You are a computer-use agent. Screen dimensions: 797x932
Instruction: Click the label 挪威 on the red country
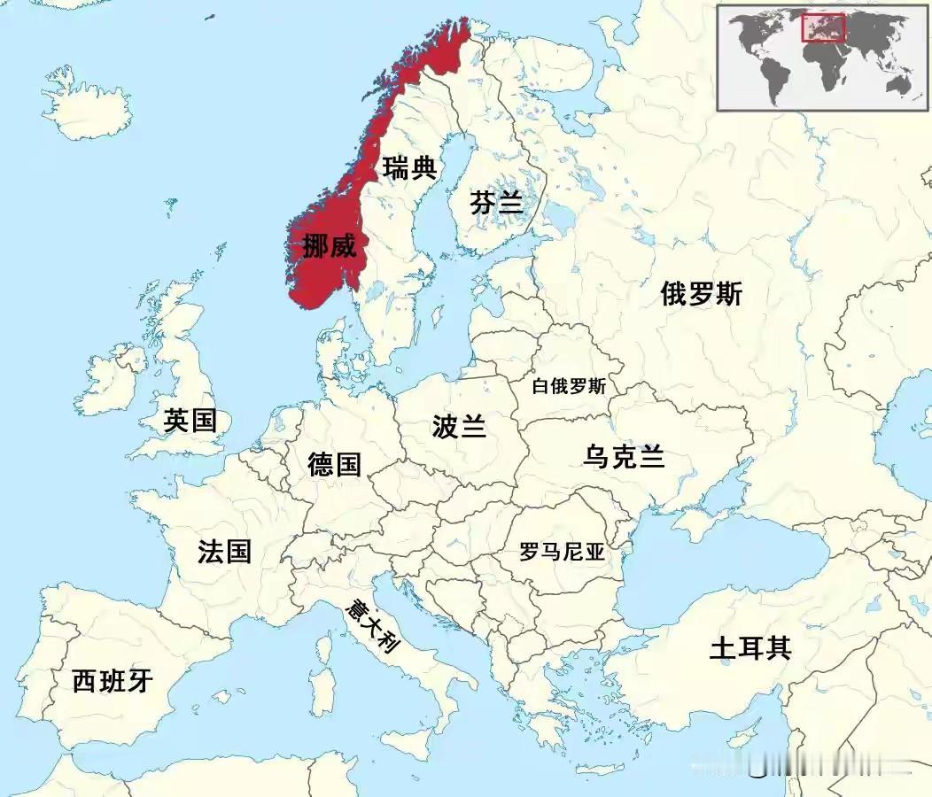coord(329,247)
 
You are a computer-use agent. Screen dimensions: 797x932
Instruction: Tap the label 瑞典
coord(409,166)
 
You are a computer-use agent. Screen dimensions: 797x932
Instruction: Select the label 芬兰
coord(496,203)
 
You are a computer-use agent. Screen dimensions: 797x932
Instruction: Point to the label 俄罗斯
coord(701,294)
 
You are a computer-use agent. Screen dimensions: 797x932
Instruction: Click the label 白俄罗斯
coord(569,387)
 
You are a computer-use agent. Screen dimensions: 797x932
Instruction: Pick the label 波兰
coord(459,427)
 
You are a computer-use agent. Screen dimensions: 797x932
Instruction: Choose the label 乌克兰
coord(624,457)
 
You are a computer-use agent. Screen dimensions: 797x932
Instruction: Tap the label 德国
coord(334,463)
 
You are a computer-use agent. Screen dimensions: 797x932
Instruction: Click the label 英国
coord(190,421)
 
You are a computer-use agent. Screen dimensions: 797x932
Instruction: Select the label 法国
coord(224,552)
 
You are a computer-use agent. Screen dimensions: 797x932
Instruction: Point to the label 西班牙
coord(113,681)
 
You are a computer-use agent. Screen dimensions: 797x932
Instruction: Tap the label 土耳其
coord(749,649)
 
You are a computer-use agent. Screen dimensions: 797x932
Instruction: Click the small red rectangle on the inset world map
coord(823,28)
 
